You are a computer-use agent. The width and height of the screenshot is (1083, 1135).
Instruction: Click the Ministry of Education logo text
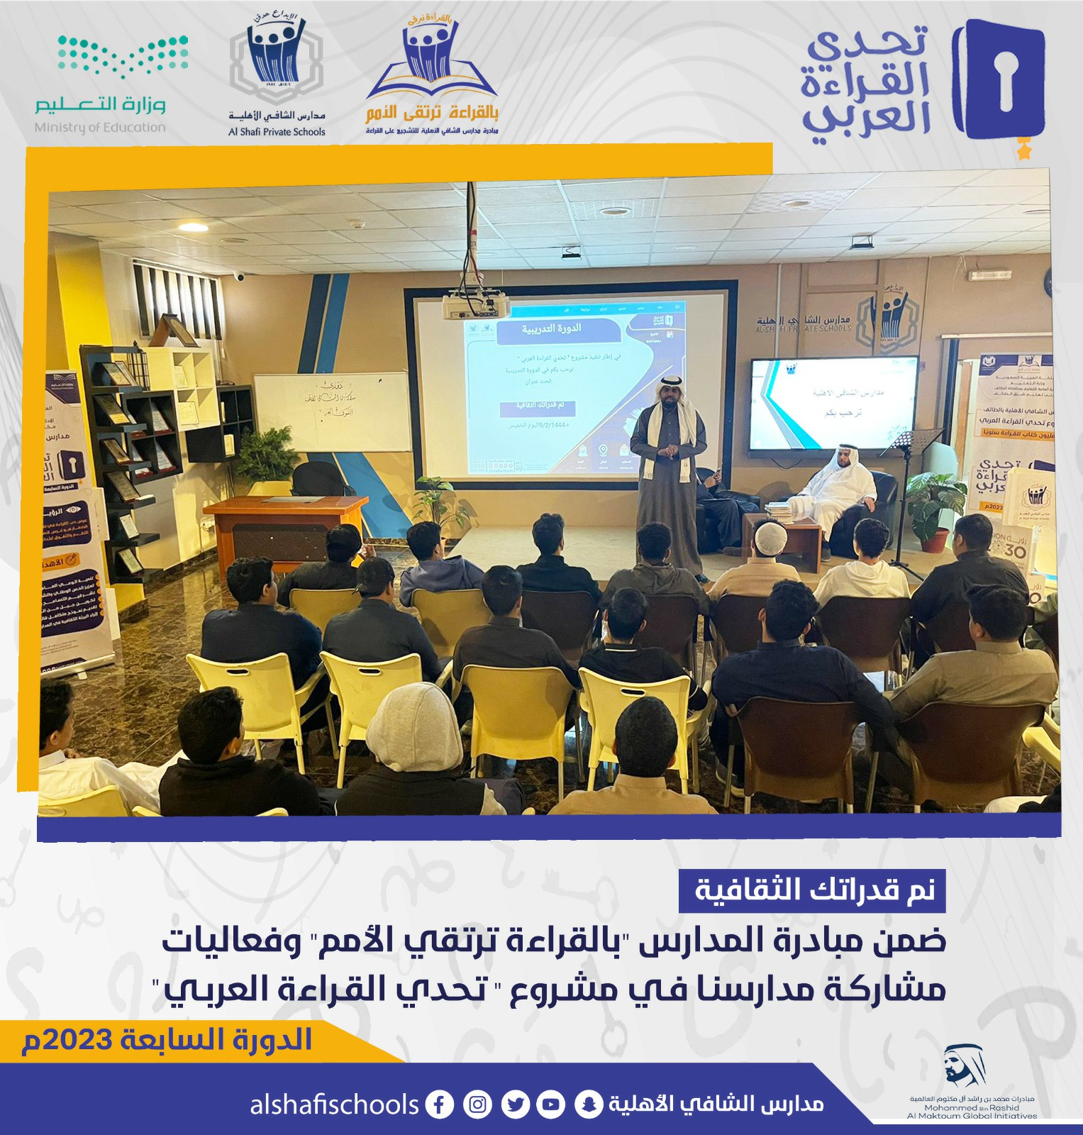pos(100,128)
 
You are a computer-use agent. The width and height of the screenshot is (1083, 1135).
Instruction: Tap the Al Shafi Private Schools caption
pos(277,132)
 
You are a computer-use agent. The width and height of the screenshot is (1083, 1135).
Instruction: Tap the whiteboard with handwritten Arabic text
pos(332,411)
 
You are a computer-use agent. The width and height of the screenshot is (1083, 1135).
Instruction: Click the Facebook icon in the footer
pos(440,1104)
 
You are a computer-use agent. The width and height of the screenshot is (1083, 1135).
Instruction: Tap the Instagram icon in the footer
pos(478,1104)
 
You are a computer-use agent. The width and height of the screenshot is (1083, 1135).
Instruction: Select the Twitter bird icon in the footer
pos(516,1104)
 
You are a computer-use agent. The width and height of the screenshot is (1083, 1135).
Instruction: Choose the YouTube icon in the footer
pos(552,1104)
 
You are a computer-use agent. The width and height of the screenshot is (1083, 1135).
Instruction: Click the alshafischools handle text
pos(334,1104)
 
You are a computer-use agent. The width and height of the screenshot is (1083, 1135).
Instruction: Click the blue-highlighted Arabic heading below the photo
pos(813,890)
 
